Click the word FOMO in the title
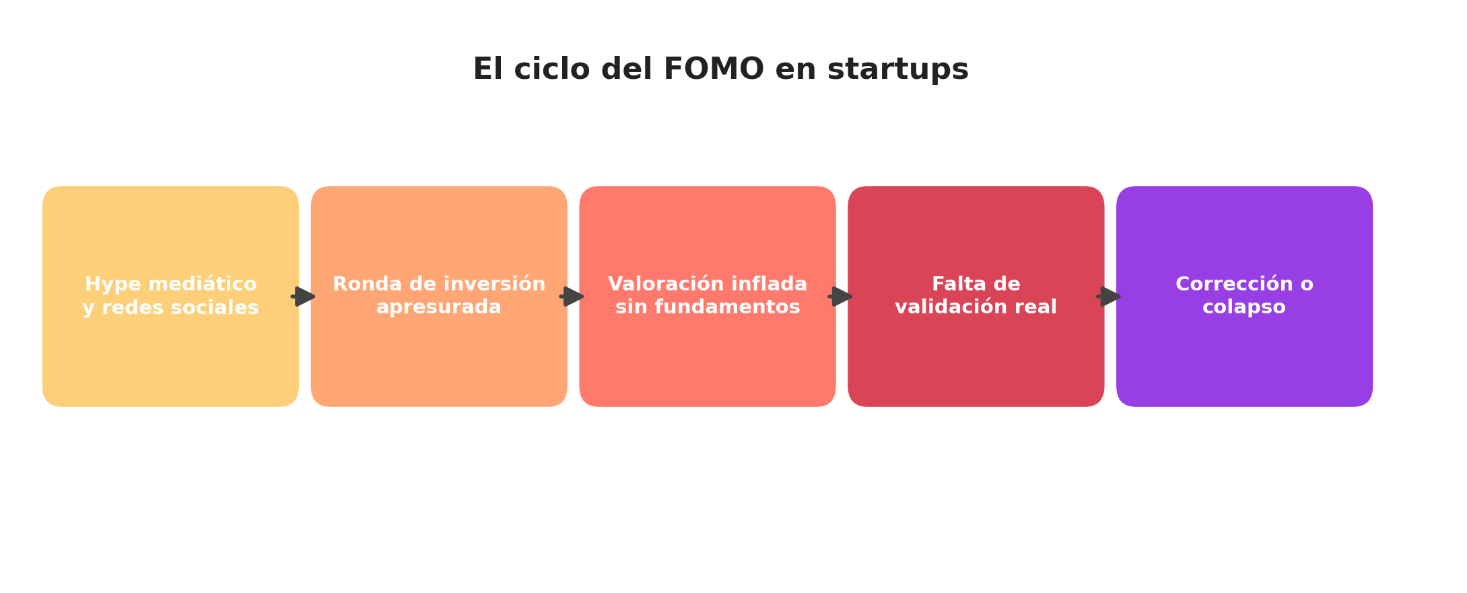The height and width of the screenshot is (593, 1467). coord(714,69)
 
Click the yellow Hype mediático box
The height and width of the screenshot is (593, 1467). coord(170,296)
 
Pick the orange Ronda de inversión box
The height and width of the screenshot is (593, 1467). coord(439,296)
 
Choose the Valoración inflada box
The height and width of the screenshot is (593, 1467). coord(708,296)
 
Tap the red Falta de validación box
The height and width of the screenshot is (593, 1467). coord(976,296)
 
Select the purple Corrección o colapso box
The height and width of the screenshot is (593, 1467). coord(1244,296)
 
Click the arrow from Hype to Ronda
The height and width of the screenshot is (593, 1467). coord(304,296)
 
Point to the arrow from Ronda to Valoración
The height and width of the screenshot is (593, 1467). coord(572,296)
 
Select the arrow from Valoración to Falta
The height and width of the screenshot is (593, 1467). coord(840,296)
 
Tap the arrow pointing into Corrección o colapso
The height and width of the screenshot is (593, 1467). coord(1109,296)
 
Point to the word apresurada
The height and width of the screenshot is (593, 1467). coord(439,308)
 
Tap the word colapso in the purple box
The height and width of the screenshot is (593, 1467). coord(1244,308)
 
